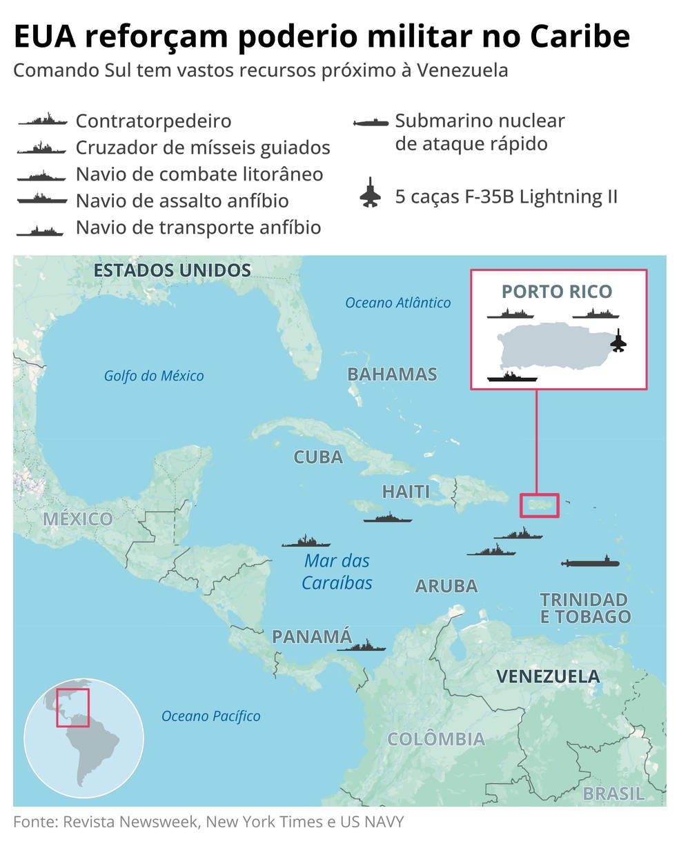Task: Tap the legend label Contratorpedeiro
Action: click(x=153, y=121)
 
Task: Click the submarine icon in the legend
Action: click(x=371, y=123)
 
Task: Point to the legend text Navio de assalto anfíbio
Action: click(x=182, y=201)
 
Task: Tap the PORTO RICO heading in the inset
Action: click(x=557, y=292)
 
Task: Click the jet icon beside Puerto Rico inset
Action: click(x=618, y=340)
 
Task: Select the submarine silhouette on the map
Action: click(x=590, y=562)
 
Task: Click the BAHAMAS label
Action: click(x=392, y=374)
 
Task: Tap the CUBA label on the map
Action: click(x=318, y=457)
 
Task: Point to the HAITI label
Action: click(x=406, y=492)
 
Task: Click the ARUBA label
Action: click(x=446, y=586)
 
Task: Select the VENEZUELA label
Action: click(x=548, y=676)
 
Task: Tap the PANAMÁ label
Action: click(x=312, y=636)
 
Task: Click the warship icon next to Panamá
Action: click(x=361, y=647)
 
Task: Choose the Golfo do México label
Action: click(x=154, y=376)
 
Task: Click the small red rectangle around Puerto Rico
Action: click(x=539, y=505)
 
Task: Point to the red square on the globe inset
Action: click(x=72, y=707)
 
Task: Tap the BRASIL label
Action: click(x=613, y=794)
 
